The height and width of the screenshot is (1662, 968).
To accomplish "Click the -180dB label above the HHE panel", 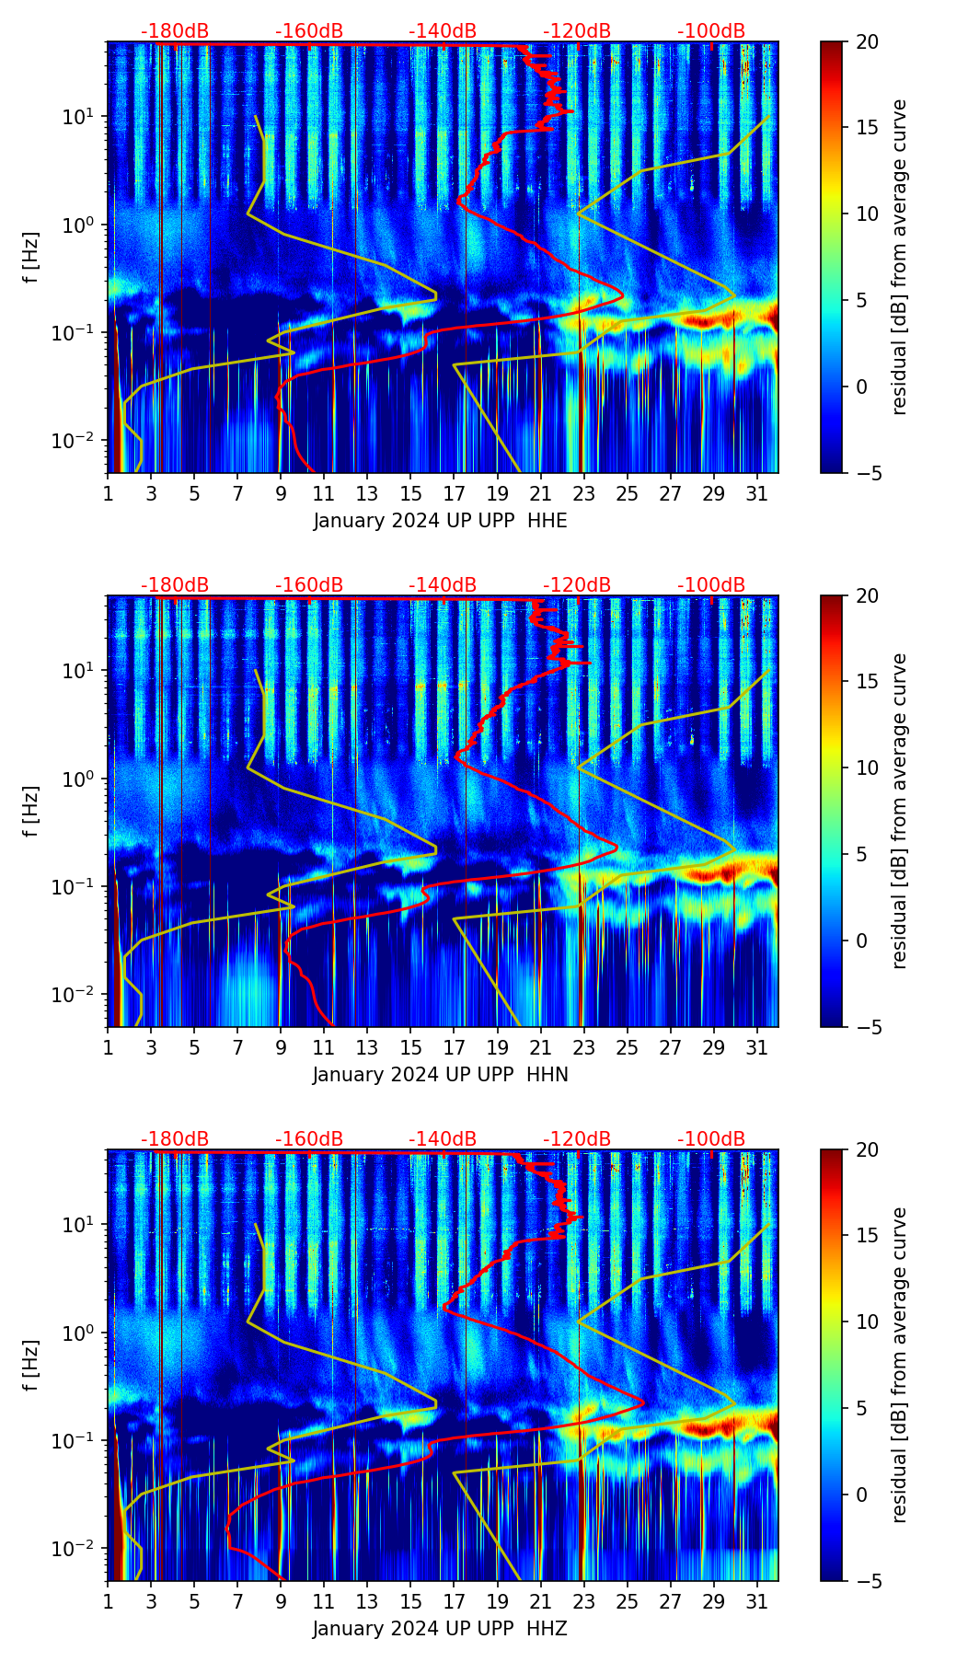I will pos(175,31).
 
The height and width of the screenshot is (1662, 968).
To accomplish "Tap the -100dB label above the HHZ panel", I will pos(711,1139).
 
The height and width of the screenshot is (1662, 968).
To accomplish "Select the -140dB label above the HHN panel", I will pos(443,585).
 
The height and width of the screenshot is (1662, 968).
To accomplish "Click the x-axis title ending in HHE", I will pos(440,521).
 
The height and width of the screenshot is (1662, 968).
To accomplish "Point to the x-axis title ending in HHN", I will pos(440,1075).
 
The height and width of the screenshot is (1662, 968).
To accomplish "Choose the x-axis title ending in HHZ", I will pos(440,1629).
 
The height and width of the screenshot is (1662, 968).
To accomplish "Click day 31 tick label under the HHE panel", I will pos(756,494).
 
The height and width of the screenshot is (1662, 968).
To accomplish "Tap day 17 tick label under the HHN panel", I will pos(455,1048).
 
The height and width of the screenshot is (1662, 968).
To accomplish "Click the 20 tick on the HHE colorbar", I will pos(867,41).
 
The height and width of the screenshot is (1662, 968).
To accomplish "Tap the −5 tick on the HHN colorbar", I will pos(867,1027).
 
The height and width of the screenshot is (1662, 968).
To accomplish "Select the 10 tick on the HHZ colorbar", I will pos(867,1322).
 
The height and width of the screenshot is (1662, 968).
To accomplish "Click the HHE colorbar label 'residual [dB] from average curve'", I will pos(899,257).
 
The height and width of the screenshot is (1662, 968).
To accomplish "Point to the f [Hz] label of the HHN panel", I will pos(32,811).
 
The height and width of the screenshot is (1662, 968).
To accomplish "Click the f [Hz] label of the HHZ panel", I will pos(32,1365).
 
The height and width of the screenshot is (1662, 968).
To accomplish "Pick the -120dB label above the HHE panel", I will pos(577,31).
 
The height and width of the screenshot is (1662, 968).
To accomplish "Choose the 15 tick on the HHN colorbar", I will pos(867,681).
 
